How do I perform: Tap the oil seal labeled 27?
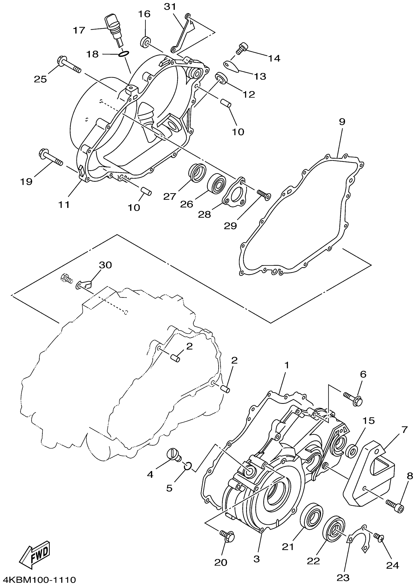pos(197,173)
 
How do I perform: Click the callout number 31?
pos(171,7)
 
